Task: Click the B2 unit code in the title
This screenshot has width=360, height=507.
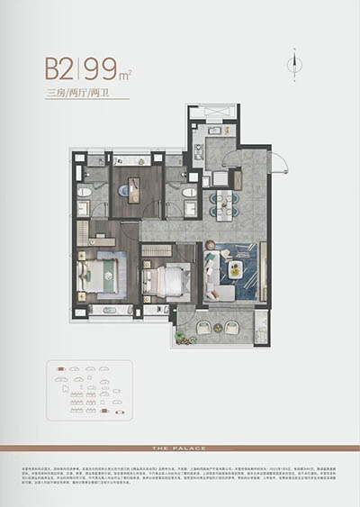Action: pyautogui.click(x=60, y=68)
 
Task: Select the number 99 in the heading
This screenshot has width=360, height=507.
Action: pyautogui.click(x=99, y=68)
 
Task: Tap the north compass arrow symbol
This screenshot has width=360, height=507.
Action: pyautogui.click(x=293, y=60)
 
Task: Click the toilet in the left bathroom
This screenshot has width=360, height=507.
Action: pyautogui.click(x=85, y=191)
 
